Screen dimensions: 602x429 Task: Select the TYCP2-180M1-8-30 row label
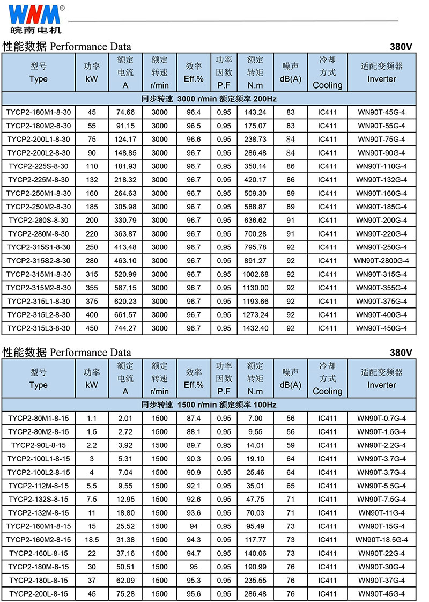click(x=39, y=112)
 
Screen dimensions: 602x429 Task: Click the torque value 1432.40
click(x=255, y=328)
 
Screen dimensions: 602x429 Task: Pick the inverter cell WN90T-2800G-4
click(x=381, y=261)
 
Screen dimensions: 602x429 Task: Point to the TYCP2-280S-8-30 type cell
click(x=39, y=220)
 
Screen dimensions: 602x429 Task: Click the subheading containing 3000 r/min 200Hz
click(x=209, y=99)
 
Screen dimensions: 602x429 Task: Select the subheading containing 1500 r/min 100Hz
click(x=209, y=405)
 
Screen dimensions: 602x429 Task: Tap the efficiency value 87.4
click(x=194, y=418)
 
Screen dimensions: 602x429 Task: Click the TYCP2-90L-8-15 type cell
click(x=39, y=445)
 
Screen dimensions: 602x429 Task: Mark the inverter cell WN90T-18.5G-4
click(x=381, y=540)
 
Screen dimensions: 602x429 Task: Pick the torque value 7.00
click(x=255, y=418)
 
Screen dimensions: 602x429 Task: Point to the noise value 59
click(x=291, y=445)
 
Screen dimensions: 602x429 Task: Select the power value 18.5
click(x=92, y=540)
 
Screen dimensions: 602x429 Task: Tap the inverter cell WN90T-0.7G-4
click(x=381, y=418)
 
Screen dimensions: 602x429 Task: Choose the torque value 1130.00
click(x=255, y=288)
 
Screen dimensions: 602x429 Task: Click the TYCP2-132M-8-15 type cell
click(x=39, y=512)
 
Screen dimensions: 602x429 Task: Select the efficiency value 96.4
click(x=194, y=112)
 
